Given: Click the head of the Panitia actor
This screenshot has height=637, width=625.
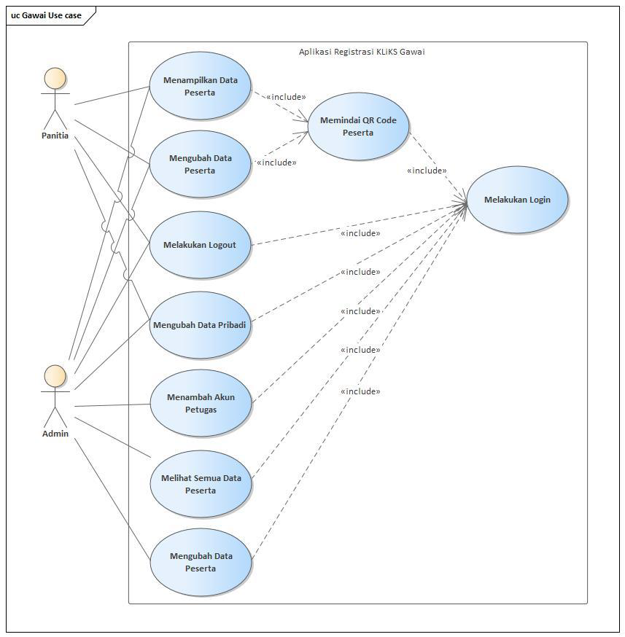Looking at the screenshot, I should click(55, 79).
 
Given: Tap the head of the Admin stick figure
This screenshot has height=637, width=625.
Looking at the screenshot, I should click(55, 376).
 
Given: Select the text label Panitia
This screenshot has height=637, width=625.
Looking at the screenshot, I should click(55, 136).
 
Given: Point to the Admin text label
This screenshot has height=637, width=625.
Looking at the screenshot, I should click(55, 434).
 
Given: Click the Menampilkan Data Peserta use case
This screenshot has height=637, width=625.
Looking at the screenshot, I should click(200, 87).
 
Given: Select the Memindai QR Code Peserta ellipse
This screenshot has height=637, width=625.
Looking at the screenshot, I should click(358, 126).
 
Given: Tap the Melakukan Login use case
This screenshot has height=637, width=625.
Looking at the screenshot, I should click(517, 200).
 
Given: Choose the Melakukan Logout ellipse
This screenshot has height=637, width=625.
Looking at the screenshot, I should click(200, 245).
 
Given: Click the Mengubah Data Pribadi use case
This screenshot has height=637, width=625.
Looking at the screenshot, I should click(200, 325).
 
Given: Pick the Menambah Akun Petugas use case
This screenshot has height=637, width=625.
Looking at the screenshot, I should click(201, 403).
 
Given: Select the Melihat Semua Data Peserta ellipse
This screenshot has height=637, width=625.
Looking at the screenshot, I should click(201, 484).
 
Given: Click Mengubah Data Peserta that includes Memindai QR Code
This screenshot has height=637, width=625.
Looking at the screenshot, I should click(201, 164).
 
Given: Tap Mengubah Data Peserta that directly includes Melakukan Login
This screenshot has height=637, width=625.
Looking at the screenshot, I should click(201, 562).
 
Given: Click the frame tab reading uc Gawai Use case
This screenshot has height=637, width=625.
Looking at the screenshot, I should click(47, 15).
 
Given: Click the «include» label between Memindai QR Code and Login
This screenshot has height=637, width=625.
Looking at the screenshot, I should click(427, 171).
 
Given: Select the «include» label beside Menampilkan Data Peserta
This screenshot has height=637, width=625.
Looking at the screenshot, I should click(286, 97).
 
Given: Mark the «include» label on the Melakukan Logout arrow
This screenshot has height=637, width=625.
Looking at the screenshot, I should click(360, 233).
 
